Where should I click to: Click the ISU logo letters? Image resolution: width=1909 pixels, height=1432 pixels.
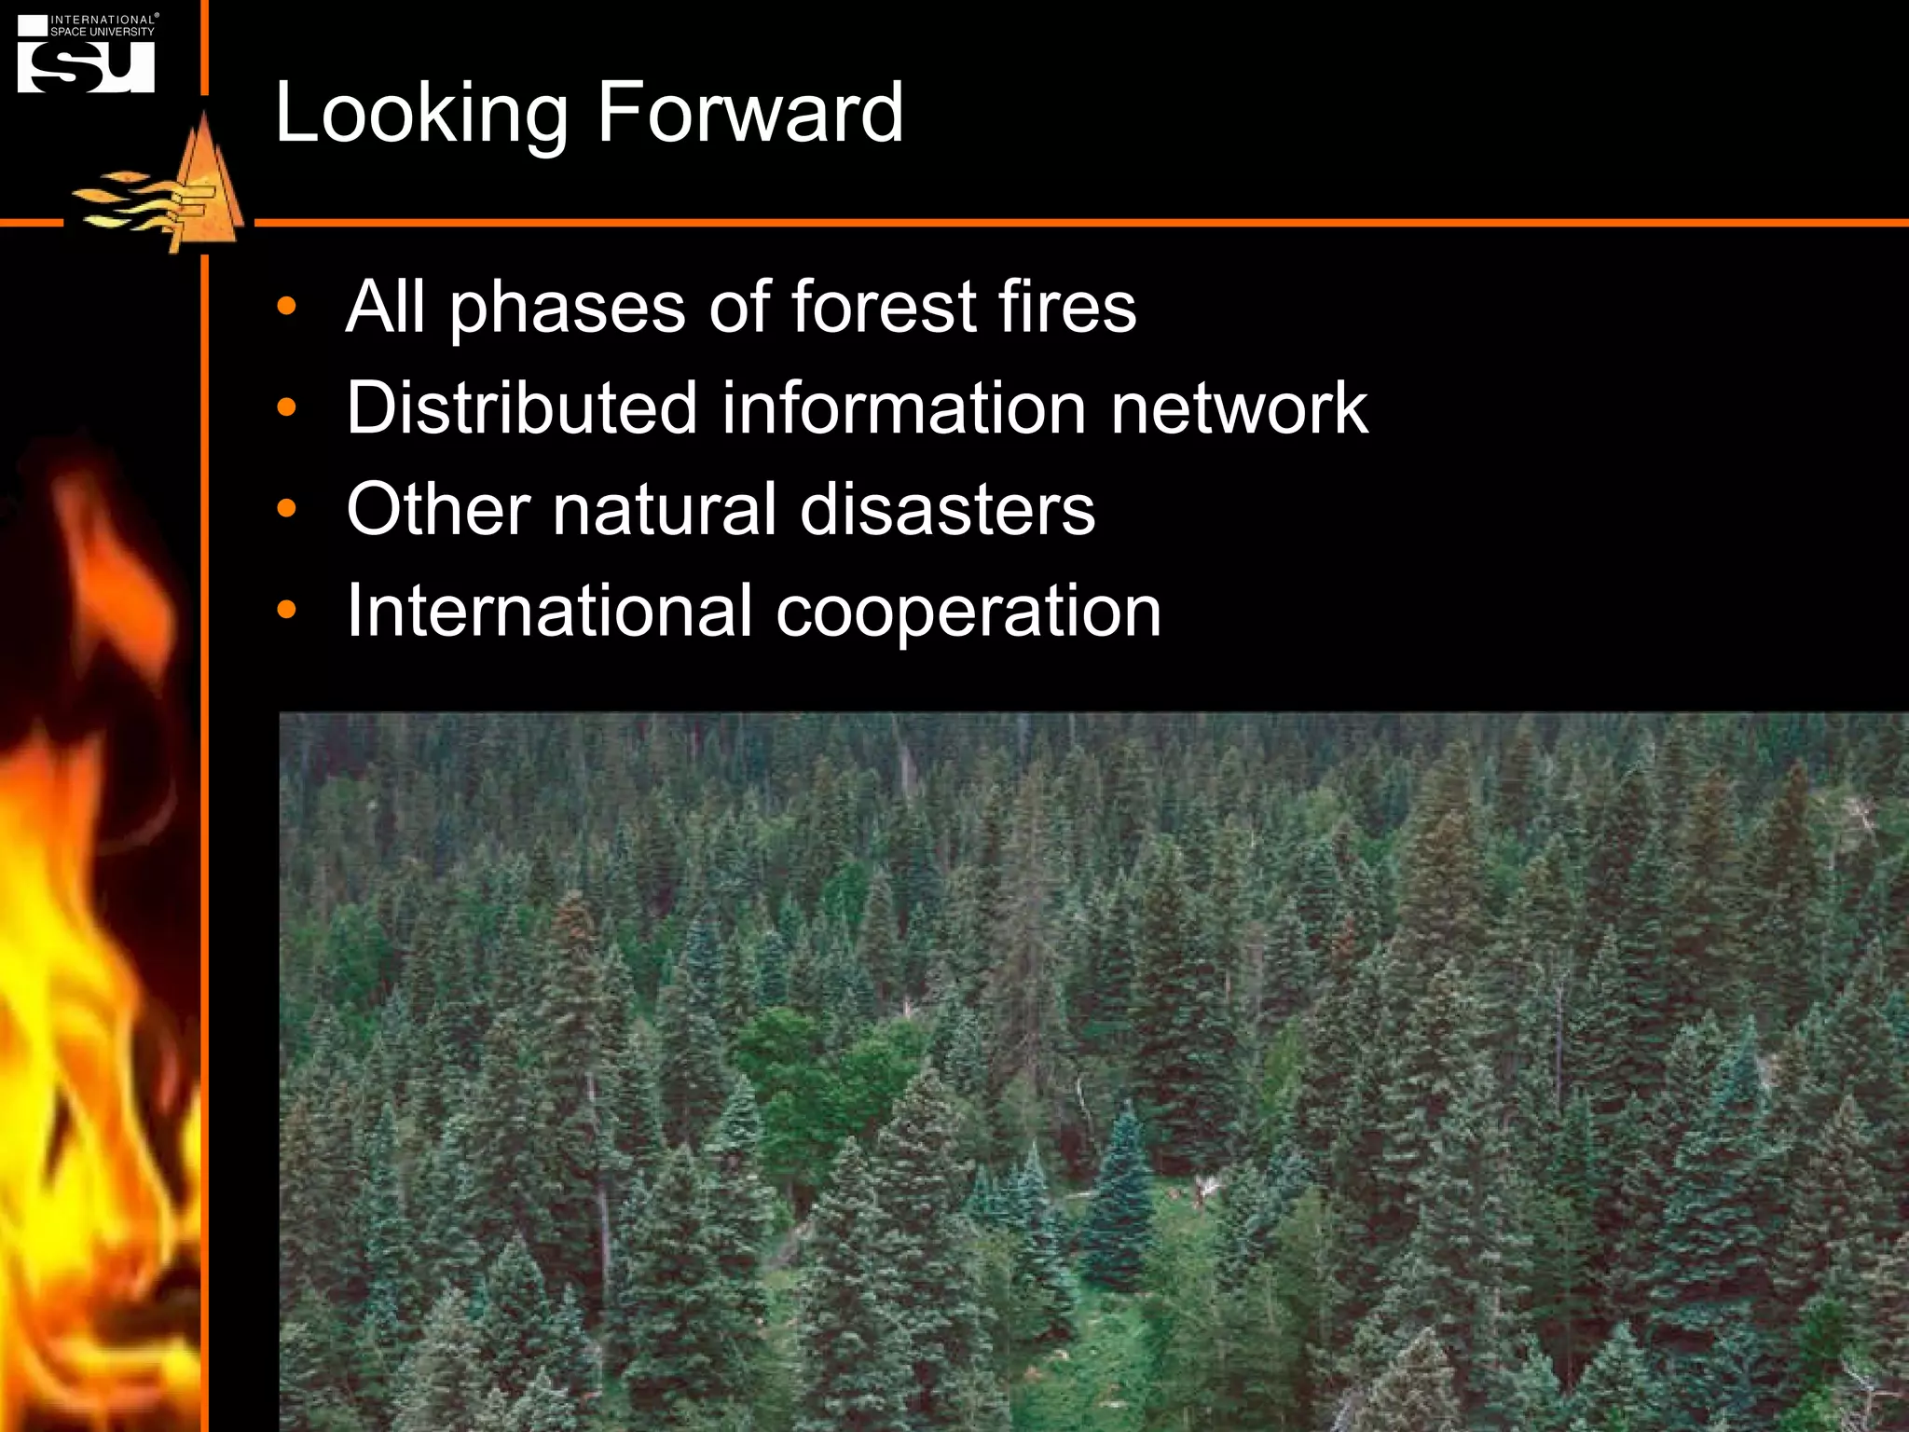[86, 67]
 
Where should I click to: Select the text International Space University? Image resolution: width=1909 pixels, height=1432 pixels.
[103, 25]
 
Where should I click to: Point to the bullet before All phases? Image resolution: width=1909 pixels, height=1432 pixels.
[286, 306]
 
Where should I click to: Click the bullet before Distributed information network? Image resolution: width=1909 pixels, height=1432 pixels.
[286, 407]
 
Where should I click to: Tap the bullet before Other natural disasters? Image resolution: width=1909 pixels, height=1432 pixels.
[286, 509]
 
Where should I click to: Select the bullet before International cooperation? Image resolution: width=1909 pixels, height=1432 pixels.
[286, 611]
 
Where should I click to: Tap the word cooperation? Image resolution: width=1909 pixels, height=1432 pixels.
[968, 613]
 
